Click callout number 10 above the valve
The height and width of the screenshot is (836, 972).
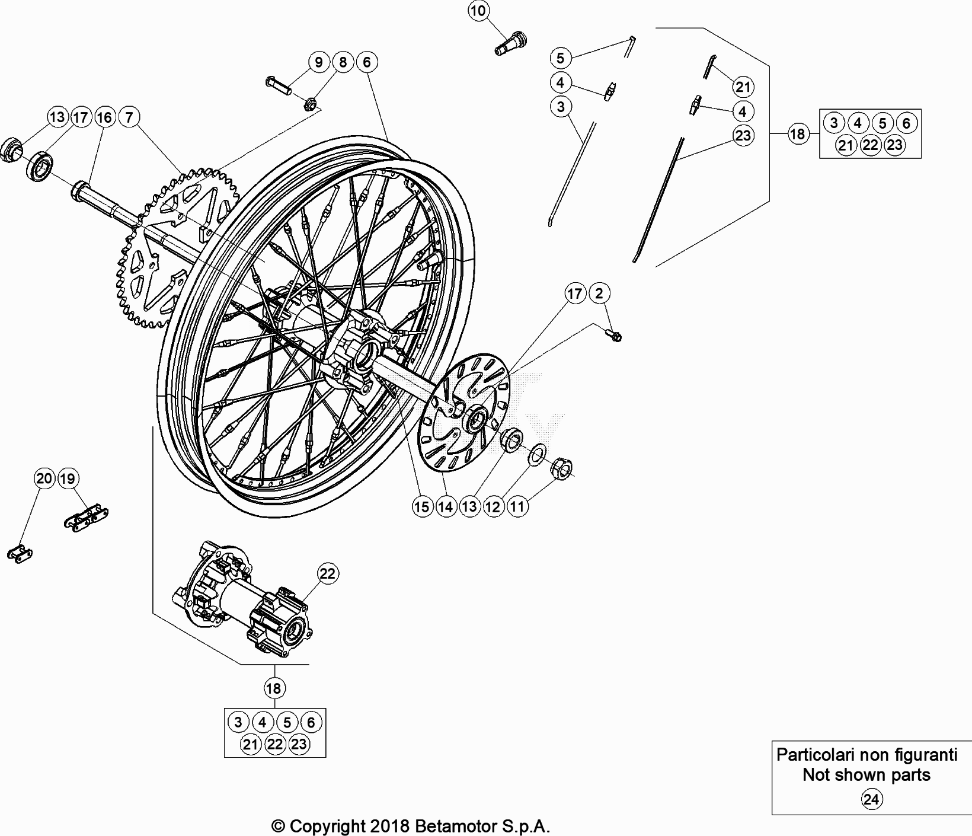[x=479, y=11]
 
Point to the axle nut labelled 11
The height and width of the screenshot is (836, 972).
[x=561, y=470]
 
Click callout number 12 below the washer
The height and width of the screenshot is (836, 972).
[x=493, y=506]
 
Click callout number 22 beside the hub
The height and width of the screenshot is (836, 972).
[x=328, y=573]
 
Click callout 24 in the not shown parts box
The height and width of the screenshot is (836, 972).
[x=871, y=800]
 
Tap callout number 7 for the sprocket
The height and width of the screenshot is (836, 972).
[x=129, y=117]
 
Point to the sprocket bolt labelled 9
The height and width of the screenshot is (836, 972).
[x=277, y=85]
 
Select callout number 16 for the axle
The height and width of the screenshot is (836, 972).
[x=104, y=117]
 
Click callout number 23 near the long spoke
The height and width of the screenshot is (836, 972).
[x=743, y=135]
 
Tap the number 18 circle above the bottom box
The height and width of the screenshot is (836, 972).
[x=273, y=688]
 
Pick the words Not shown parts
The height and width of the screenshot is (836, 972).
[x=866, y=775]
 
